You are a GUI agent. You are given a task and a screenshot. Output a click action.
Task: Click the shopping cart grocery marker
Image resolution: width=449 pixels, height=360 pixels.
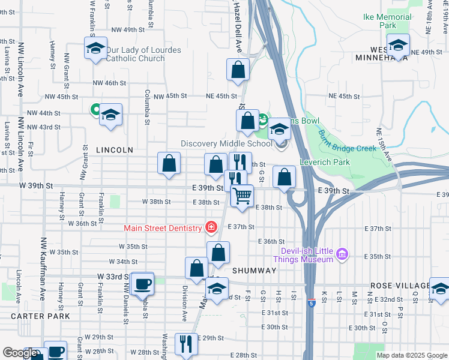click(x=242, y=196)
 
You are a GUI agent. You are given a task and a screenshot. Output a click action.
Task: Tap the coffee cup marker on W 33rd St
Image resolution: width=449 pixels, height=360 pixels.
click(x=142, y=283)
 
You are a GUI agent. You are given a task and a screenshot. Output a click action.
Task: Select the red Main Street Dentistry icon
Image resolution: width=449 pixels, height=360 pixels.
click(x=211, y=227)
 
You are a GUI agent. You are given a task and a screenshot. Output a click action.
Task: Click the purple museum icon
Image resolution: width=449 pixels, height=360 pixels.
click(x=342, y=254)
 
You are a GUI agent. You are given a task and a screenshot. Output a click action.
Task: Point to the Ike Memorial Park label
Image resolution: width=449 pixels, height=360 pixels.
click(x=387, y=21)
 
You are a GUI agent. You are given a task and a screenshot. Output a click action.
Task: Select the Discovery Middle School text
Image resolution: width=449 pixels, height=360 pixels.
click(x=227, y=143)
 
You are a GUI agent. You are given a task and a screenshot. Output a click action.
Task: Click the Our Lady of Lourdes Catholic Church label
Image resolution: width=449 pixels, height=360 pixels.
click(x=143, y=54)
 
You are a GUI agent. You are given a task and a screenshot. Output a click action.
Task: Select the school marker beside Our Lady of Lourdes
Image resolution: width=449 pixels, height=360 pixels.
click(x=95, y=49)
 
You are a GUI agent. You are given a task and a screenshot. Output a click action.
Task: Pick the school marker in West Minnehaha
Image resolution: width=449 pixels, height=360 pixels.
click(x=398, y=44)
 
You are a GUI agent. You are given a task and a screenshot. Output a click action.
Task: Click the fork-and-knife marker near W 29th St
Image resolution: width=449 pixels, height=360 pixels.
click(x=185, y=344)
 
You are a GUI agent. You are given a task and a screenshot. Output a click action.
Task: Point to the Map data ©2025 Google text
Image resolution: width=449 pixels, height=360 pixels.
click(x=411, y=355)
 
